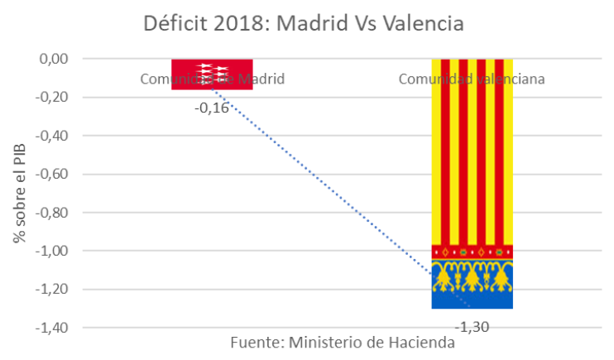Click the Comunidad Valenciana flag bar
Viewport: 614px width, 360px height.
(472, 166)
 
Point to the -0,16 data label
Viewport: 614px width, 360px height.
(212, 108)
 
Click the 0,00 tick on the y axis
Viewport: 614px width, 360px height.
(52, 59)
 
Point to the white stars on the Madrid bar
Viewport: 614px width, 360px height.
(212, 70)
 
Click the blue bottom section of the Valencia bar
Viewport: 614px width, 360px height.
(472, 300)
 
